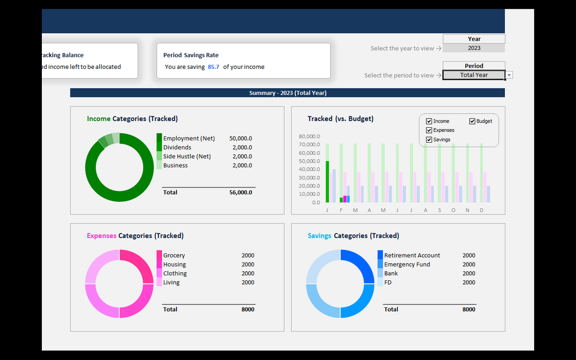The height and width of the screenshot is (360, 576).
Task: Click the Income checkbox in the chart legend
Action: click(x=429, y=122)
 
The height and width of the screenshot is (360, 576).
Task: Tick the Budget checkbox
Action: click(x=473, y=122)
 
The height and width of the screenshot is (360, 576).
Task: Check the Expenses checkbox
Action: click(x=429, y=131)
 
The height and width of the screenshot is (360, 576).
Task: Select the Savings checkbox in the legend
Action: click(x=429, y=140)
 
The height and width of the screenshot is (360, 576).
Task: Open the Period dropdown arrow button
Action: click(x=510, y=75)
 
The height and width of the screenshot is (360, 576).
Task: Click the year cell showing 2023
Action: click(x=474, y=48)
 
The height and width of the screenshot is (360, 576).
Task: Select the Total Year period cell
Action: click(x=473, y=75)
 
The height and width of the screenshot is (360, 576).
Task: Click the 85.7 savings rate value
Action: click(x=213, y=67)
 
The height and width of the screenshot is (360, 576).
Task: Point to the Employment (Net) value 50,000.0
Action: click(x=240, y=139)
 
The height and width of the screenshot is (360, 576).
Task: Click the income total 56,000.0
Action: click(x=240, y=193)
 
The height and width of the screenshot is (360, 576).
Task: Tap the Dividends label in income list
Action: click(x=177, y=147)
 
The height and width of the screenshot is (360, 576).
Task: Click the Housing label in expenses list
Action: click(x=174, y=265)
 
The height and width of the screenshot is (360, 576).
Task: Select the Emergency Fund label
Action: click(x=407, y=265)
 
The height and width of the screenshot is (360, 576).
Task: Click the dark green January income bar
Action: click(x=327, y=182)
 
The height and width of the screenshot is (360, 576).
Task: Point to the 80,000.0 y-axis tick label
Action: click(x=309, y=136)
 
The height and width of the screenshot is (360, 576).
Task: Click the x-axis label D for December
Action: click(x=481, y=210)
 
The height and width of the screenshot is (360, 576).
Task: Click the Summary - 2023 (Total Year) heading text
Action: click(x=288, y=93)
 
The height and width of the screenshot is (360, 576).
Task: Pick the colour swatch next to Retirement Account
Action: click(x=380, y=255)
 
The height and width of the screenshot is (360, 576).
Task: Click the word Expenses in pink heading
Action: click(x=101, y=236)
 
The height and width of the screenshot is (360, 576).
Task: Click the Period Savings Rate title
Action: click(x=191, y=55)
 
